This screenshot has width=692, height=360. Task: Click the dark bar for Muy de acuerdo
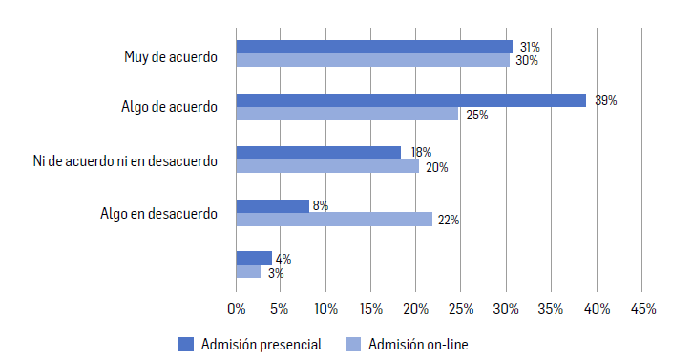(374, 47)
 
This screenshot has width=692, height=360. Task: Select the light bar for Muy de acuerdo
(372, 60)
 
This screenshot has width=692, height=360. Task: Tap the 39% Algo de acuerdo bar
(410, 100)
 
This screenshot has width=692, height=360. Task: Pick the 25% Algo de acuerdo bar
(347, 114)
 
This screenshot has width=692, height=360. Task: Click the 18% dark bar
(318, 153)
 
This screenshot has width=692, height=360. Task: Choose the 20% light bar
(327, 166)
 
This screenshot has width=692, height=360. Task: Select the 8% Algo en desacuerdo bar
(272, 205)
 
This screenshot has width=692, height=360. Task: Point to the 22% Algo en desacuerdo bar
(334, 219)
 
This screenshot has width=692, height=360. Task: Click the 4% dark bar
(254, 258)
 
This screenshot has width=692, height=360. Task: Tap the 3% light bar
(248, 272)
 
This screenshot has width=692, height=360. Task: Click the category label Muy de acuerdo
(171, 56)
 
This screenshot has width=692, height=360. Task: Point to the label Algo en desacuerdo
(158, 213)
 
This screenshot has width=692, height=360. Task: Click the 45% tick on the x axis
(642, 308)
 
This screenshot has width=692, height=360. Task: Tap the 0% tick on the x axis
(237, 308)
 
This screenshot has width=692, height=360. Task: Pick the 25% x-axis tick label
(461, 308)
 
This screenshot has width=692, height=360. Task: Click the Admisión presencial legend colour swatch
(186, 344)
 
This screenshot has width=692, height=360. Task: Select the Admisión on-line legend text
(418, 344)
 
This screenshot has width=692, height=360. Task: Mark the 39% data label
(605, 100)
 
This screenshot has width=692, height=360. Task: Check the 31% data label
(528, 47)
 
